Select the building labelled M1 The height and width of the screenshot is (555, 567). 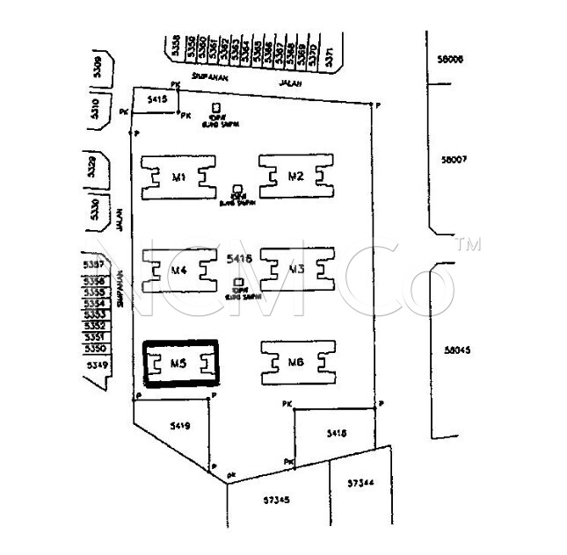(x=179, y=177)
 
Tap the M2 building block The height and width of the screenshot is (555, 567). (x=296, y=177)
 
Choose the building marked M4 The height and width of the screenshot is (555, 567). (x=179, y=270)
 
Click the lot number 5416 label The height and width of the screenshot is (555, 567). (x=239, y=259)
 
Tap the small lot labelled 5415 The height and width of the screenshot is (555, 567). (x=157, y=101)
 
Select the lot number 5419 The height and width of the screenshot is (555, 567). (x=179, y=427)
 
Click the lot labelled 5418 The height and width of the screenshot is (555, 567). (x=336, y=433)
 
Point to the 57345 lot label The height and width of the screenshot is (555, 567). (x=277, y=500)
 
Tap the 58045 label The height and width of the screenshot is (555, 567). (x=458, y=350)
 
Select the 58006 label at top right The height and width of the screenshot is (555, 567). (x=449, y=60)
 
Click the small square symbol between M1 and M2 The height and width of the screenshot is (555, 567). (x=237, y=189)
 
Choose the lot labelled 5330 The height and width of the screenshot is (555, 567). (x=96, y=209)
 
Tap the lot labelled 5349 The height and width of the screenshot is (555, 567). (x=96, y=364)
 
